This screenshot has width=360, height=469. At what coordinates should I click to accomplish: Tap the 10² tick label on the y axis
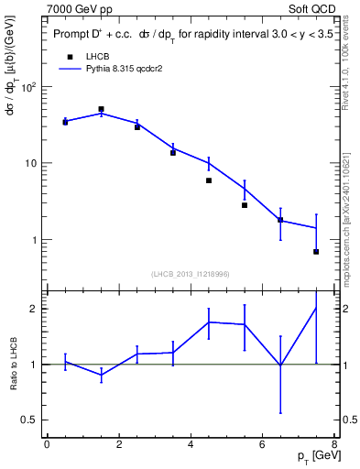click(28, 87)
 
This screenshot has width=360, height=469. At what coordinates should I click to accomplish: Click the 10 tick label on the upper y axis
click(30, 163)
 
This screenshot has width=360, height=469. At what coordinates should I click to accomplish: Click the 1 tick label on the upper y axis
click(34, 240)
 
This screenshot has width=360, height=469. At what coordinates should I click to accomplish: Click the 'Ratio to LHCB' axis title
click(13, 364)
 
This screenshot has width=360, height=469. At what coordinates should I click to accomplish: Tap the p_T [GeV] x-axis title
click(311, 455)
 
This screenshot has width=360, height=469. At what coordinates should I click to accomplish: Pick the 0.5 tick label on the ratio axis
click(27, 420)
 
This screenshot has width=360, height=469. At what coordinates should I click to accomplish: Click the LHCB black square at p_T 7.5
click(316, 251)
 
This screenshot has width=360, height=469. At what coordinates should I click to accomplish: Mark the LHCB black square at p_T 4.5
click(209, 180)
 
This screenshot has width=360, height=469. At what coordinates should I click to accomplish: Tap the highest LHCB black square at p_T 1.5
click(101, 109)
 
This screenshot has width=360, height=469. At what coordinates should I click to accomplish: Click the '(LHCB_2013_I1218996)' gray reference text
click(190, 274)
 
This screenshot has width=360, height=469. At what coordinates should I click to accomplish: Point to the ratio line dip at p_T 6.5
click(280, 365)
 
